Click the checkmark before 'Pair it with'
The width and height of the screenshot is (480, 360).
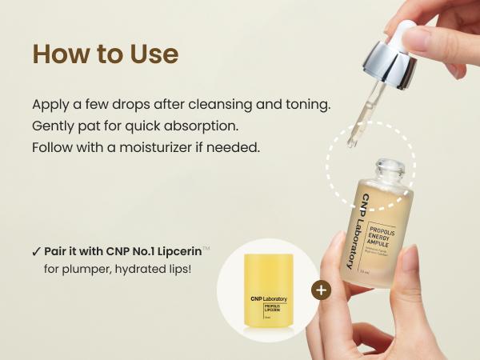pos(36,251)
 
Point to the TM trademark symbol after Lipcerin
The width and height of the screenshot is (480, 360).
pos(206,248)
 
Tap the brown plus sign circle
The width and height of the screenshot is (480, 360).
pos(321,290)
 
